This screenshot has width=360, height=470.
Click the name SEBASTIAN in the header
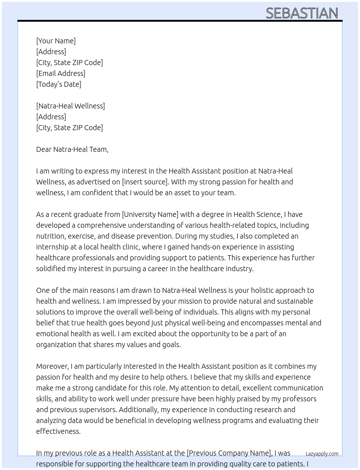pyautogui.click(x=302, y=13)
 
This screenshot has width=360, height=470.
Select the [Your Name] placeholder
pyautogui.click(x=56, y=41)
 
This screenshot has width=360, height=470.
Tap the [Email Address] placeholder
pyautogui.click(x=61, y=73)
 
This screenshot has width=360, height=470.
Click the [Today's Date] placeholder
pyautogui.click(x=59, y=84)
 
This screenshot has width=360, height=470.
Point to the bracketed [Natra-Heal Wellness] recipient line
pyautogui.click(x=70, y=106)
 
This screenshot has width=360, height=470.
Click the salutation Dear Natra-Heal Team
pyautogui.click(x=72, y=149)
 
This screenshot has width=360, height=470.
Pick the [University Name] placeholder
pyautogui.click(x=150, y=214)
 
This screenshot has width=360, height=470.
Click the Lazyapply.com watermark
pyautogui.click(x=322, y=454)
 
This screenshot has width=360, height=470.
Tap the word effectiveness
pyautogui.click(x=58, y=431)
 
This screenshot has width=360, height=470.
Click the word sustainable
pyautogui.click(x=295, y=301)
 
